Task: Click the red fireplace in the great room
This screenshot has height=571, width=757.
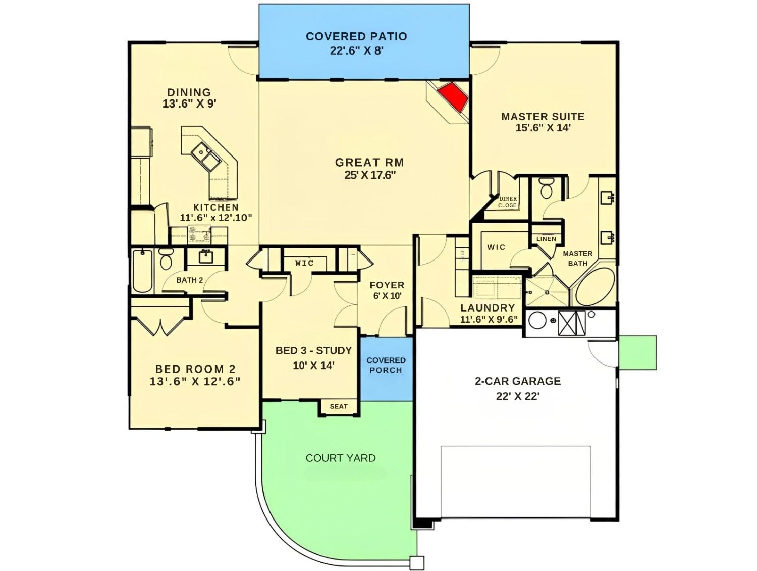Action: [x=452, y=98]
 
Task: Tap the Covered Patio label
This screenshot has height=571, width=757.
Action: [x=356, y=36]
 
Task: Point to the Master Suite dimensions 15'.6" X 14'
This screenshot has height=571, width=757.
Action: [x=543, y=128]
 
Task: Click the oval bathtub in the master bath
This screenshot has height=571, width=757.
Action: [x=595, y=287]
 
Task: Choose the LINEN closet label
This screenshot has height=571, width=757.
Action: [x=546, y=239]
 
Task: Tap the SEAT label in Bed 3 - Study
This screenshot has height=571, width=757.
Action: [x=339, y=406]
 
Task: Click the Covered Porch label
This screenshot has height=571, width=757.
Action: [x=386, y=365]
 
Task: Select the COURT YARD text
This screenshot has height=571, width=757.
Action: [x=341, y=458]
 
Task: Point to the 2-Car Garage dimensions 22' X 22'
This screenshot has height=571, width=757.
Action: [x=517, y=396]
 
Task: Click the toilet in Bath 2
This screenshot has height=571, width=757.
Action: [x=166, y=259]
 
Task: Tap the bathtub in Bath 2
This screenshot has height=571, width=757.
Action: [x=142, y=271]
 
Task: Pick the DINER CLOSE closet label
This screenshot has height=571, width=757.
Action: [x=507, y=202]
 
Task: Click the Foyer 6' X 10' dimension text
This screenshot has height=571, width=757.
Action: [x=387, y=296]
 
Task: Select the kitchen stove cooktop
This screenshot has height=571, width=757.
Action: [x=199, y=235]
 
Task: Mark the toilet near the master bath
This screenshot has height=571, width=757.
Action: [x=546, y=188]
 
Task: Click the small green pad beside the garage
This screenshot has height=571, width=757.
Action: [x=637, y=352]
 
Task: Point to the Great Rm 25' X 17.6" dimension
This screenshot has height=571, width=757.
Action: [x=369, y=176]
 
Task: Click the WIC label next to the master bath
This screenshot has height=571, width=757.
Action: [x=496, y=247]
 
